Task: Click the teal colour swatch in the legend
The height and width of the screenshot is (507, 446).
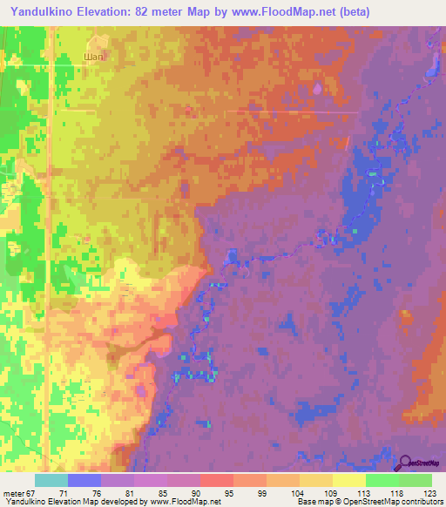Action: tap(51, 480)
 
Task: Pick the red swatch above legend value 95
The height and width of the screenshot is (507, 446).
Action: tap(216, 480)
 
